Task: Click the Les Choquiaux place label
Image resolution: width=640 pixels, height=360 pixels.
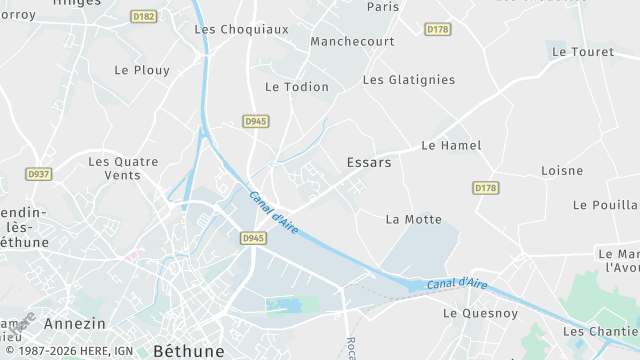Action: [x=240, y=29]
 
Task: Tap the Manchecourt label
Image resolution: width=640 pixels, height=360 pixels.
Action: [x=352, y=42]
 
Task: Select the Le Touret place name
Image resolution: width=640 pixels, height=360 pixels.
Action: [x=582, y=51]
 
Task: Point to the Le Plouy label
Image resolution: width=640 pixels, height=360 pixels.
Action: [x=142, y=70]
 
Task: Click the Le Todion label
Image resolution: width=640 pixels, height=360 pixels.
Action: [x=296, y=87]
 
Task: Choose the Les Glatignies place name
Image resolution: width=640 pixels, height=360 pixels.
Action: [x=408, y=80]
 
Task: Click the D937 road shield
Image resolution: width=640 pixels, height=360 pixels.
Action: [x=39, y=173]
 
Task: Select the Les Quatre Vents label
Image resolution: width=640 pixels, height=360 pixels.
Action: [x=123, y=168]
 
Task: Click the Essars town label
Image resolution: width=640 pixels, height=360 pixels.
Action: [x=368, y=161]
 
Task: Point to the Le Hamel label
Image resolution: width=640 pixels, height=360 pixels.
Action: [x=451, y=146]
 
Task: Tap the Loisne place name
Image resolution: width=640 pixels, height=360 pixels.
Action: [x=562, y=171]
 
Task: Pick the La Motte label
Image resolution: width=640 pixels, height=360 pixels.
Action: [x=413, y=219]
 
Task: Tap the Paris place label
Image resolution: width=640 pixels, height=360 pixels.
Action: [x=382, y=7]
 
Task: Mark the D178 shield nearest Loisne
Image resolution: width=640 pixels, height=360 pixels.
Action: [x=486, y=187]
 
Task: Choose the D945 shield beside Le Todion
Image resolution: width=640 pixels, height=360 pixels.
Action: [x=255, y=121]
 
